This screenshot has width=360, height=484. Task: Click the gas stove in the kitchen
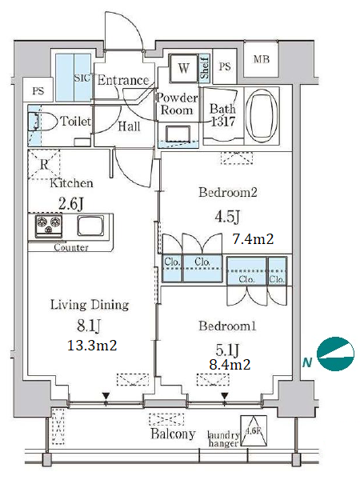48,226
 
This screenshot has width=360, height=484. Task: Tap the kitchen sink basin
90,226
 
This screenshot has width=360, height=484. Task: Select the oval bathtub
262,115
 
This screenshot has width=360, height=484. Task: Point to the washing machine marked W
184,68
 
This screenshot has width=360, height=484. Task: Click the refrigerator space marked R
43,165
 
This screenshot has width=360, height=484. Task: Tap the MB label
262,59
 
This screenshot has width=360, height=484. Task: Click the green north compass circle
336,354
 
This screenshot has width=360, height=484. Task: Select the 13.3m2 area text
92,346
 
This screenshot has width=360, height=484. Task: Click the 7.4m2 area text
253,239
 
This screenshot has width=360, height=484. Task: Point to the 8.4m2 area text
230,365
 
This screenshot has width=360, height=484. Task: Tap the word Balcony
173,434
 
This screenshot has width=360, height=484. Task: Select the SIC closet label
82,78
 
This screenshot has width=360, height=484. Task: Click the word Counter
71,247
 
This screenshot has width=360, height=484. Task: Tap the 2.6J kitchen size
71,204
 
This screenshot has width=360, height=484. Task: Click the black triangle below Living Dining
106,395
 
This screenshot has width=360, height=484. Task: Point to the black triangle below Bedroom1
225,395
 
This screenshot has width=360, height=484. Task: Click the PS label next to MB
225,66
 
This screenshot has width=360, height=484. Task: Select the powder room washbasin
178,134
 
